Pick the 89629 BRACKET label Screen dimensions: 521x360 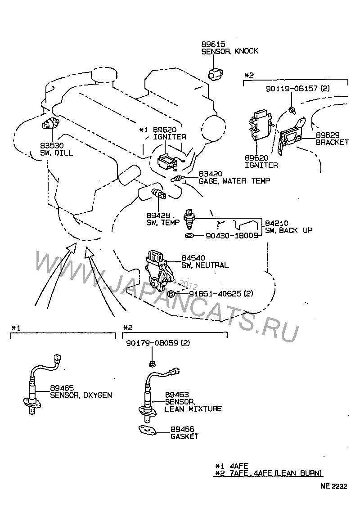(x=332, y=138)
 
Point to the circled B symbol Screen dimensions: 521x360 (x=171, y=294)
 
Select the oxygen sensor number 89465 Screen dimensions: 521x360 (x=62, y=388)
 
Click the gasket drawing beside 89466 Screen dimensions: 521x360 (x=148, y=430)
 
